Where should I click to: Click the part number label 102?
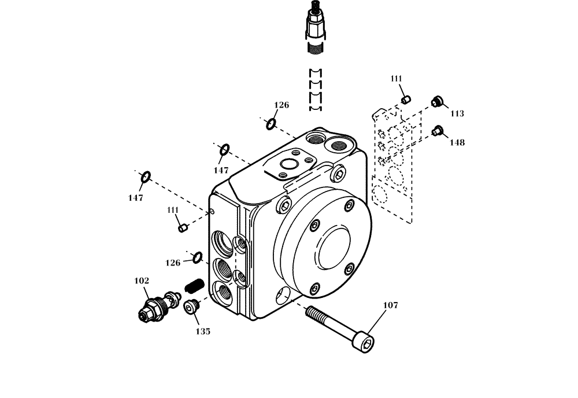click(x=142, y=281)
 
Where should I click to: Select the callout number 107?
click(x=391, y=305)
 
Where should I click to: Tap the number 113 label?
click(x=457, y=114)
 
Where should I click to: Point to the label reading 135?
click(x=202, y=331)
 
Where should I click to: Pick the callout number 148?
click(x=457, y=142)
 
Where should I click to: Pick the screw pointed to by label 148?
click(x=437, y=131)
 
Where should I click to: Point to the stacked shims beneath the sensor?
click(x=315, y=90)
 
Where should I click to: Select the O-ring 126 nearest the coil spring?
click(x=197, y=257)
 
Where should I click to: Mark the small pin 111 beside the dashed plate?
click(x=406, y=101)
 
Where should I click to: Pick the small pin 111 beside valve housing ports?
click(x=183, y=227)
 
